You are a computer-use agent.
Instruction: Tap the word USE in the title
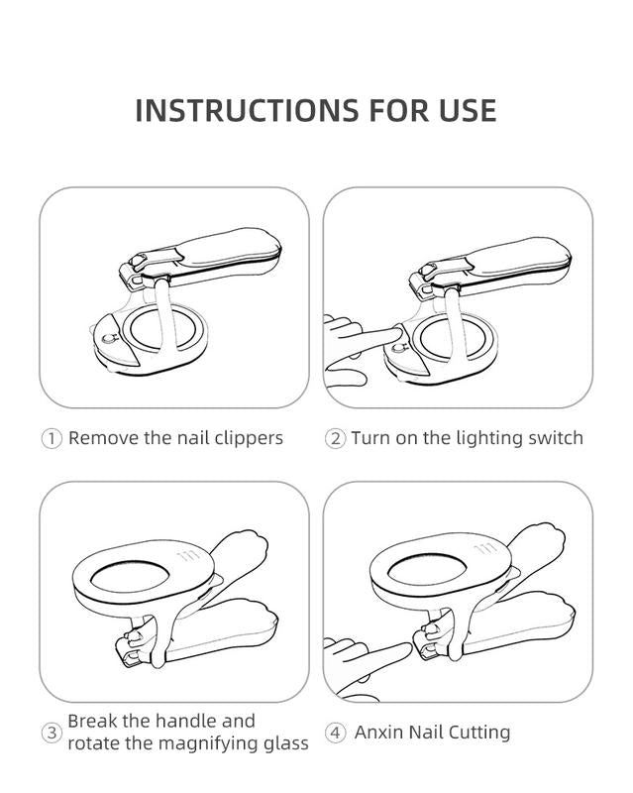point(468,110)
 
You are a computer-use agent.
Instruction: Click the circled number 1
point(52,438)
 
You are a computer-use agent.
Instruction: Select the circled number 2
point(335,438)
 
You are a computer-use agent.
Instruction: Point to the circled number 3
point(52,733)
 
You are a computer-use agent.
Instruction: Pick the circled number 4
point(335,733)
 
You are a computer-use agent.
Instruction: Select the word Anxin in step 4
point(378,733)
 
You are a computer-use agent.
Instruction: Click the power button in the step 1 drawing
point(108,338)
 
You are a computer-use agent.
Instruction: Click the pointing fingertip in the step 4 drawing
point(403,649)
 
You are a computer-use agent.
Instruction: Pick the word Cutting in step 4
point(479,733)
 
